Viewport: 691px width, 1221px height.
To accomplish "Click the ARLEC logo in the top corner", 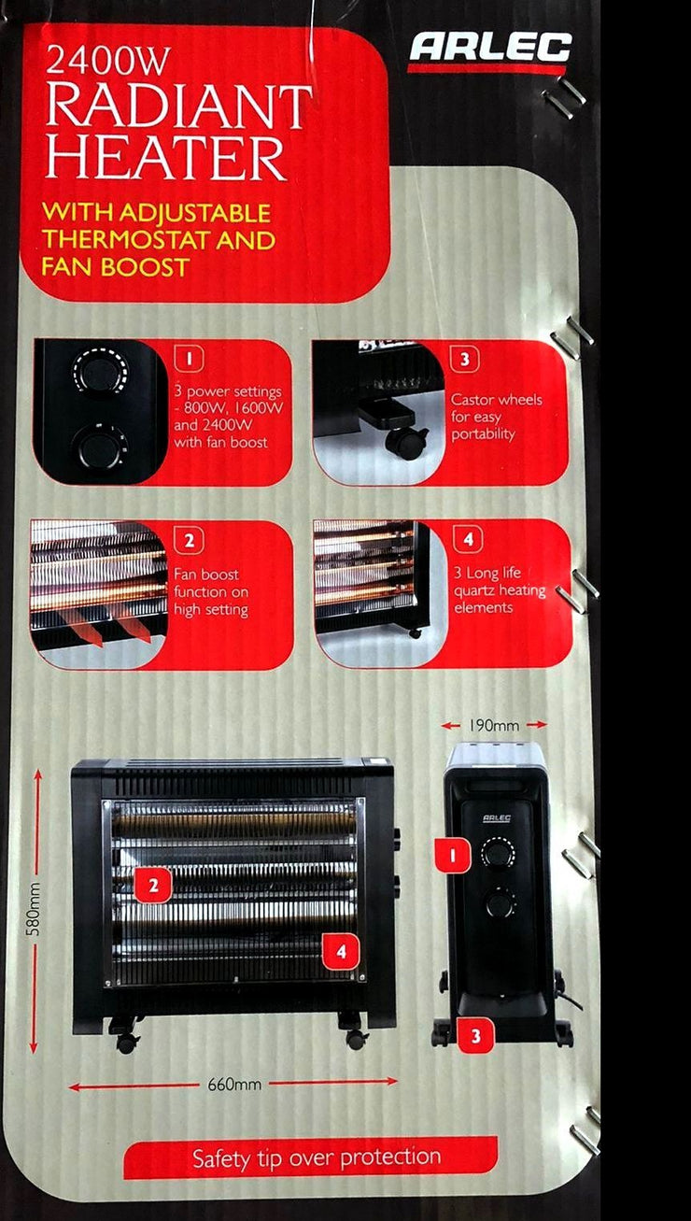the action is pos(490,47).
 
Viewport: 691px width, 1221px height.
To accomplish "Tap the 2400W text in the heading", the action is pos(108,61).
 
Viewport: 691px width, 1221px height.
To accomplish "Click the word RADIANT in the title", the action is pos(179,106).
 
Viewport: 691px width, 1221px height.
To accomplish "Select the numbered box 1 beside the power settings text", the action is pos(190,360).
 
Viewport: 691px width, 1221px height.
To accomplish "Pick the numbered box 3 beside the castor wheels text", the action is pos(465,360).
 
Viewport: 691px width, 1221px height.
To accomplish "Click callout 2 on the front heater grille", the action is pos(153,885).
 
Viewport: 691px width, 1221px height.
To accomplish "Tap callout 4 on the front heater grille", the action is pos(341,951).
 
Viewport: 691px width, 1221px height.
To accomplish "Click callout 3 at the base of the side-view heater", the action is pos(475,1035).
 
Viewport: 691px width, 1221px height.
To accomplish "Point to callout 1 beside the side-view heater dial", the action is pos(452,855).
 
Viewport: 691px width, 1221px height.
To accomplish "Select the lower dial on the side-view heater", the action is pos(500,903).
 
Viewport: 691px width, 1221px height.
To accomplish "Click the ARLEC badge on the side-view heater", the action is pos(497,817).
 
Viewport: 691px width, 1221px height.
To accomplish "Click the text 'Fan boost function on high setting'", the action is pos(211,592).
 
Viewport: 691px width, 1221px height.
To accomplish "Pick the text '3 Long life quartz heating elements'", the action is pos(500,589).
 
